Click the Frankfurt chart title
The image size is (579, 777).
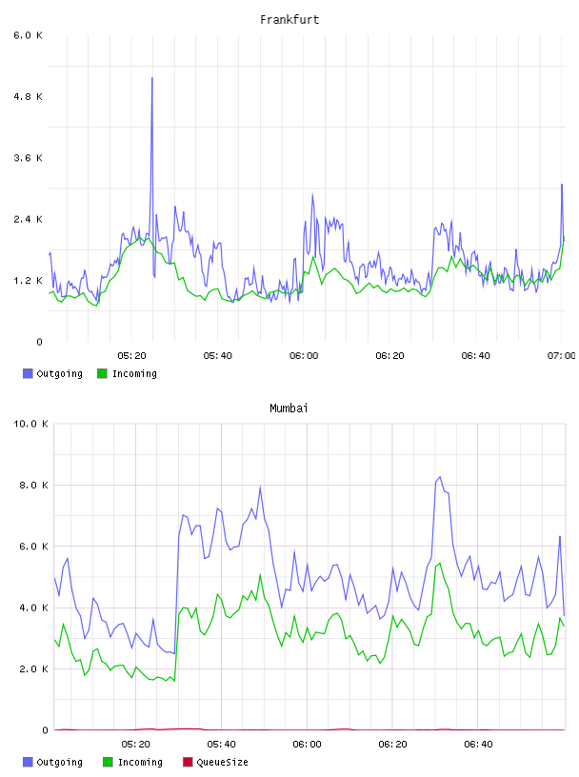289,20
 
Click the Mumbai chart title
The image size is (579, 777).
289,408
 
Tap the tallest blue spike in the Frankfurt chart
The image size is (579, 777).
152,78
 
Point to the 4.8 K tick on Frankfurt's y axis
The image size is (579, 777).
28,96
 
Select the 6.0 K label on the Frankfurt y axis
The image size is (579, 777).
28,35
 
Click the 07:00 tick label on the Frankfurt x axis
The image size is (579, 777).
561,356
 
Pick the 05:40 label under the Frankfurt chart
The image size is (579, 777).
218,356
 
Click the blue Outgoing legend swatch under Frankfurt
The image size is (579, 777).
28,373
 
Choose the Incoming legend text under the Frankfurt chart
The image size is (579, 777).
134,373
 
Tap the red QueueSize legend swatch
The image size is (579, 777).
188,762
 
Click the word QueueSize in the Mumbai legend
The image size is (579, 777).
222,762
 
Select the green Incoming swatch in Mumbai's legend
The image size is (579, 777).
108,762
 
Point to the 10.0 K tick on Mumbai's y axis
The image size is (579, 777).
30,424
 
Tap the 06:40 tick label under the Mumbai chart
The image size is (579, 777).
478,745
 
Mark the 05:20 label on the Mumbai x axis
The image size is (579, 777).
135,745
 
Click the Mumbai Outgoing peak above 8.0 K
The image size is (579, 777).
440,477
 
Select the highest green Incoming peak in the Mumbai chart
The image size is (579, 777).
440,564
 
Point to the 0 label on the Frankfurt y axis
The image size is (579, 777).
39,342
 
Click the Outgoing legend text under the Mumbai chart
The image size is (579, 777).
59,762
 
